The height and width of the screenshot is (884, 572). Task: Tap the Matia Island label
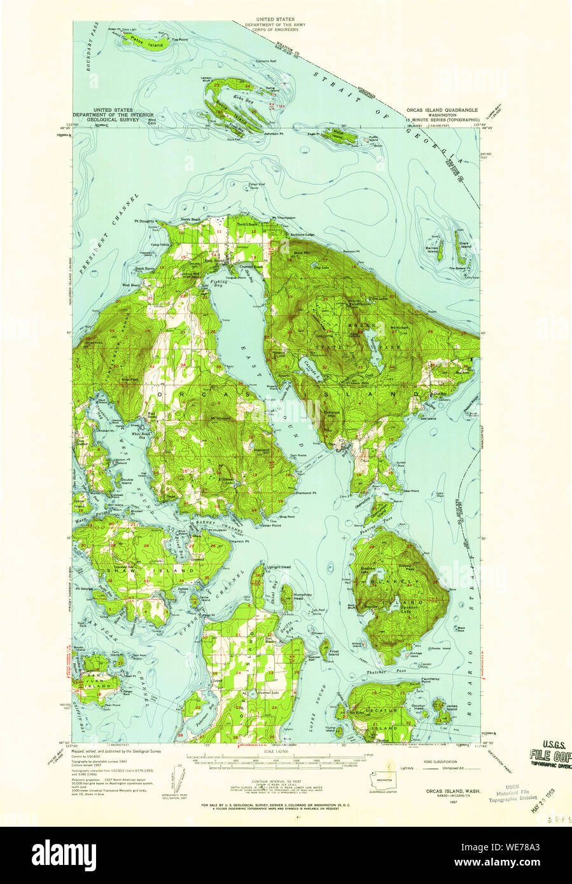pyautogui.click(x=336, y=135)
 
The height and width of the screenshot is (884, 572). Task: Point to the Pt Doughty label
pyautogui.click(x=145, y=221)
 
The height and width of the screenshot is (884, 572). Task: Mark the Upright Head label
pyautogui.click(x=279, y=567)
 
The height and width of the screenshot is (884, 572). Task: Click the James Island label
pyautogui.click(x=452, y=707)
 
